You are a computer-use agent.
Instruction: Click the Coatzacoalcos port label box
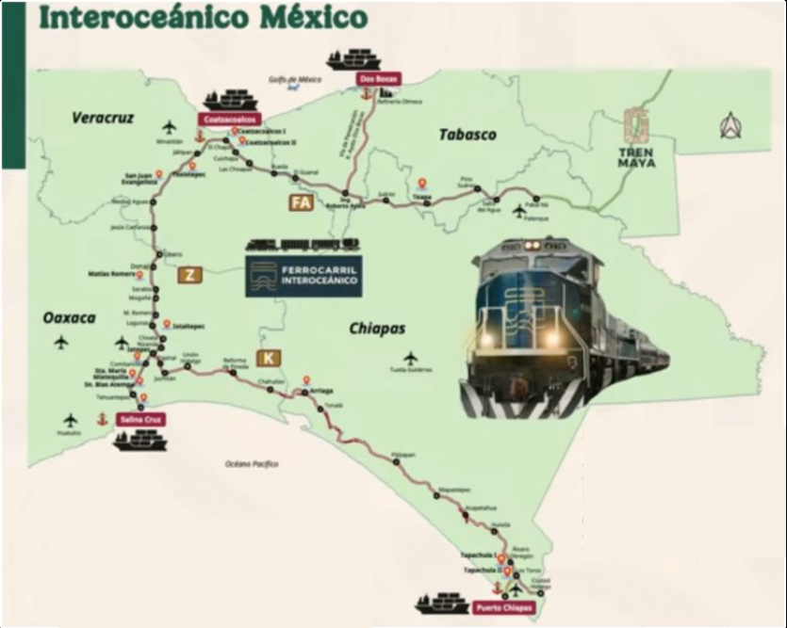228,120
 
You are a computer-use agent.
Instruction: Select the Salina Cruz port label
139,420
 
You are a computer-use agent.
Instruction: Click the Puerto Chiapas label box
503,608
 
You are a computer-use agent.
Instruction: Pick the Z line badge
189,275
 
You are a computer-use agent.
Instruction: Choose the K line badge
269,358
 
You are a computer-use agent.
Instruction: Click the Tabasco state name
467,135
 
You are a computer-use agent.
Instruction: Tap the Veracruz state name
103,118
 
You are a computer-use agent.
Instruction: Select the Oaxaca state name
69,318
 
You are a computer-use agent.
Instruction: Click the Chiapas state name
377,328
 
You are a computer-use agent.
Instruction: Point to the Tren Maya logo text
637,156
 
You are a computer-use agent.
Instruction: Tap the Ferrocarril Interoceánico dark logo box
303,275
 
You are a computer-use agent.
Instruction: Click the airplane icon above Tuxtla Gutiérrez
410,358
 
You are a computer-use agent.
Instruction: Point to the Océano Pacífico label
252,464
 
